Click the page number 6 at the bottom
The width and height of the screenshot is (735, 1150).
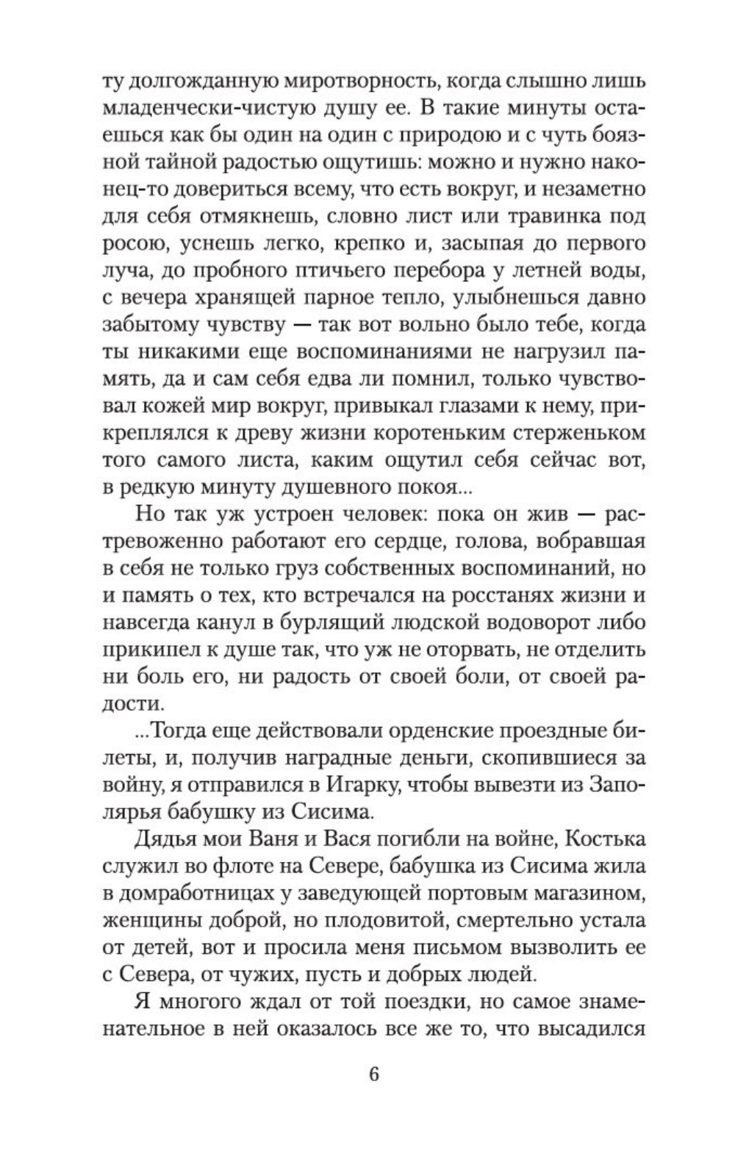(x=373, y=1074)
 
